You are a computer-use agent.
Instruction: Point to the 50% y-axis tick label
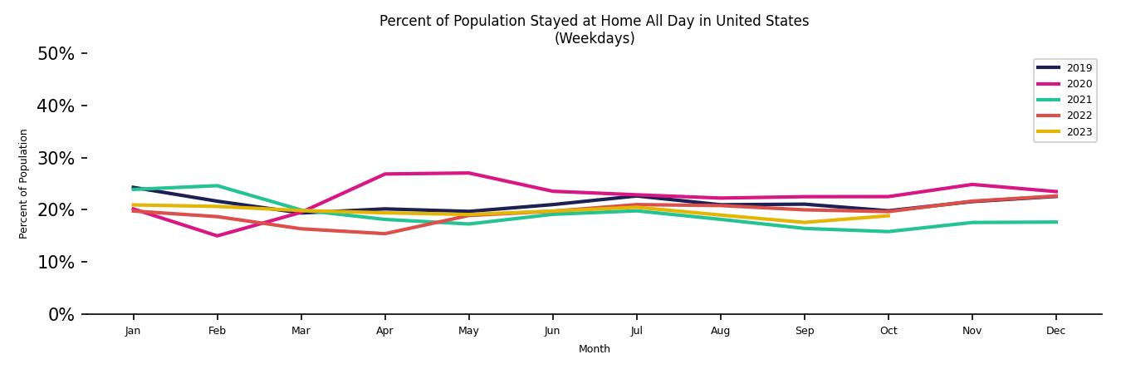click(x=56, y=54)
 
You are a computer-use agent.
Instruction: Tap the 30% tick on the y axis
click(x=56, y=158)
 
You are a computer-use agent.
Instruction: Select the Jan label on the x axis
click(x=133, y=331)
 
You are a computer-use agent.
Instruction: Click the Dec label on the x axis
click(x=1055, y=331)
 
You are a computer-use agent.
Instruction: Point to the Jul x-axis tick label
click(x=636, y=331)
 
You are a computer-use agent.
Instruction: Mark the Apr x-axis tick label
click(x=384, y=331)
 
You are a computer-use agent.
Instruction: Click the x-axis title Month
click(x=594, y=349)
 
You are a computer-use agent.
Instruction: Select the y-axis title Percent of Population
click(x=24, y=184)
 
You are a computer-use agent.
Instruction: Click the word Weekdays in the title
click(x=594, y=39)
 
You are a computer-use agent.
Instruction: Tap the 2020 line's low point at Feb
click(x=217, y=236)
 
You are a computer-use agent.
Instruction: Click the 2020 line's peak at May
click(x=468, y=173)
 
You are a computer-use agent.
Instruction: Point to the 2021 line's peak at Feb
click(x=217, y=185)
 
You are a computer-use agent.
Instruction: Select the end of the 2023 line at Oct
click(x=888, y=215)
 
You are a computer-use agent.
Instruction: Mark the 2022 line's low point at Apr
click(x=384, y=234)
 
